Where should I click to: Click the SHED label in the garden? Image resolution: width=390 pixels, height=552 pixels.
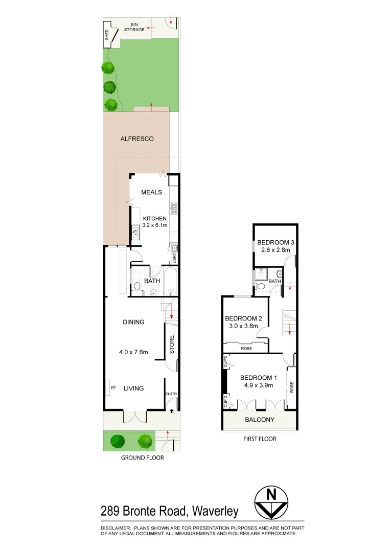coord(107,35)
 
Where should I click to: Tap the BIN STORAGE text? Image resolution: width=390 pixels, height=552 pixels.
coord(134,27)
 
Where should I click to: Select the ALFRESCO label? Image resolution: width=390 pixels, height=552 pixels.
coord(137,139)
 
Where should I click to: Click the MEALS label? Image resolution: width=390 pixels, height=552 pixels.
coord(152,192)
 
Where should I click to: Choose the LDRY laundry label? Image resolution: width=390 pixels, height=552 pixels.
coord(174,258)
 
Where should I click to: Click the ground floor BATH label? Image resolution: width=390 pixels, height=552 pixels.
coord(152,281)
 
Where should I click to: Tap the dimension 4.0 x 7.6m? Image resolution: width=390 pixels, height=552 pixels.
coord(133,352)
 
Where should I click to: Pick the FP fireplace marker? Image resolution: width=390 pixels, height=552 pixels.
coord(113,388)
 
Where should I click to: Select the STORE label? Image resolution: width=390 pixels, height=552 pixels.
coord(172,344)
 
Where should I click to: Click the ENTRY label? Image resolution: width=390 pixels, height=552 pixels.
coord(171,394)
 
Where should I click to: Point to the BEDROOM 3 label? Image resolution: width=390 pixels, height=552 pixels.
coord(276,242)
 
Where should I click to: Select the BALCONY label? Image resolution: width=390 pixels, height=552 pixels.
coord(259,420)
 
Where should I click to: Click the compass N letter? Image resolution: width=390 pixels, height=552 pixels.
coord(271,494)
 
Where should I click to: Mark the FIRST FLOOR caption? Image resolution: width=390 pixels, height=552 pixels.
coord(260,439)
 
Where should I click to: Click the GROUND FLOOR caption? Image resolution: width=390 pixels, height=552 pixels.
coord(142,457)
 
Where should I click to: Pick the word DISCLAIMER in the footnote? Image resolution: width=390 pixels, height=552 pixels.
coord(116,527)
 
